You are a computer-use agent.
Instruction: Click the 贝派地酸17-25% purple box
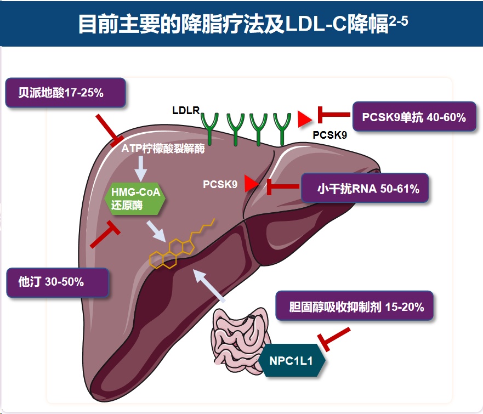tap(65, 93)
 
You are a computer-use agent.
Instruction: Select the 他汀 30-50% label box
tap(56, 282)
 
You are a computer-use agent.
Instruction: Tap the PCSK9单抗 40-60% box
tap(413, 117)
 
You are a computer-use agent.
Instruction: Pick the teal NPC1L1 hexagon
tap(293, 361)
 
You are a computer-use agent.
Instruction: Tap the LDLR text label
tap(185, 111)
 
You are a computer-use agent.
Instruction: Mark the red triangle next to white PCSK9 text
tap(251, 184)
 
